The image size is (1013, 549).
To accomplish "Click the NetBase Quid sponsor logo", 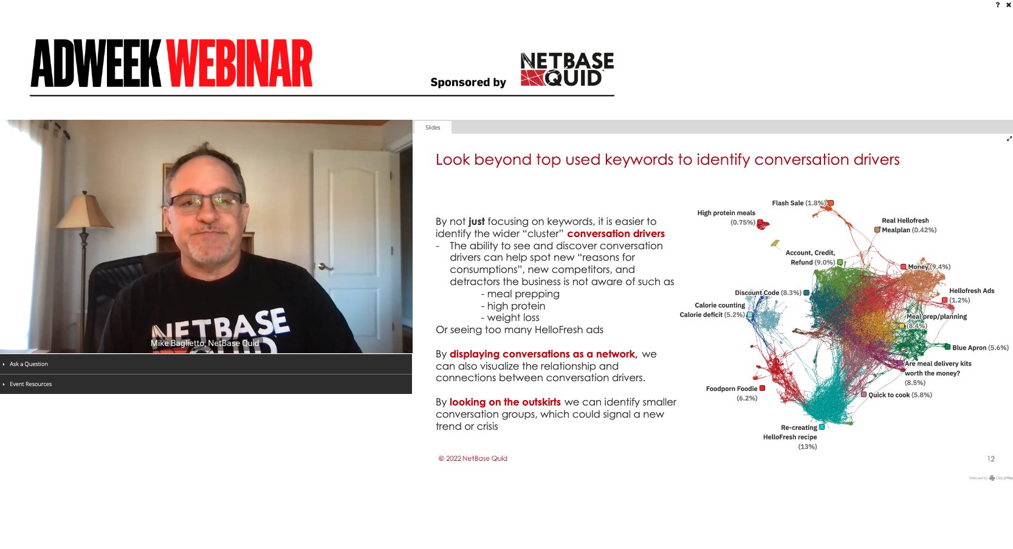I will click(566, 69).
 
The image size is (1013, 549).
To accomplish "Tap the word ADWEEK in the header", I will click(96, 64).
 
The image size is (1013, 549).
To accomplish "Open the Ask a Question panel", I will click(29, 364).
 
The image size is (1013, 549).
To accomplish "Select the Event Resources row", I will click(30, 384).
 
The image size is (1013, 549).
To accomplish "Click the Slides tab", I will click(433, 128).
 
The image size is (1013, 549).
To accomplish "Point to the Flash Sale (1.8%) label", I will click(798, 203).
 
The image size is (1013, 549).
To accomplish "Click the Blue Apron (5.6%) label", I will click(980, 348).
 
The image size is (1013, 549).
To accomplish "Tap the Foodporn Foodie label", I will click(732, 389).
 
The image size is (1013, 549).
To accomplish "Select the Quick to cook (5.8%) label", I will click(899, 395).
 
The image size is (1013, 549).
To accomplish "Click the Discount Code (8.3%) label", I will click(767, 293).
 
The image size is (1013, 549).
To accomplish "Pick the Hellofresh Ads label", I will click(971, 291).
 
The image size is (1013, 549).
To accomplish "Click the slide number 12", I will click(991, 459).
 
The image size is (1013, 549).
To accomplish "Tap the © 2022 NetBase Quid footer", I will click(473, 458).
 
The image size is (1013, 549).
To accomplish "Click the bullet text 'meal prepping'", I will click(523, 294).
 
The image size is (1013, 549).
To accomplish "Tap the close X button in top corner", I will click(1009, 5).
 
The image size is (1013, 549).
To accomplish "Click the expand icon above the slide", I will click(1009, 139).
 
